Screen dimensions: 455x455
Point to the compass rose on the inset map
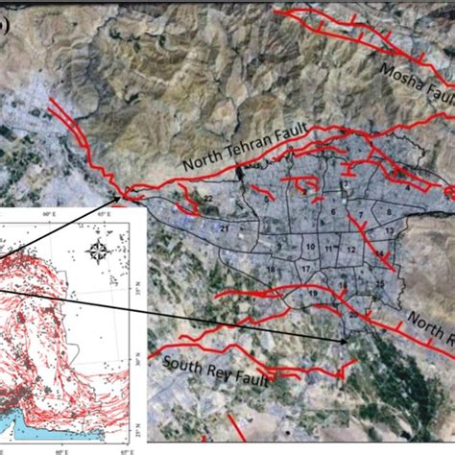click(x=98, y=252)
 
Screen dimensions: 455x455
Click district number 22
click(x=206, y=199)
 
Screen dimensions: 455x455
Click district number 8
click(x=389, y=213)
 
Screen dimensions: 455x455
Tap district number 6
click(x=331, y=208)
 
